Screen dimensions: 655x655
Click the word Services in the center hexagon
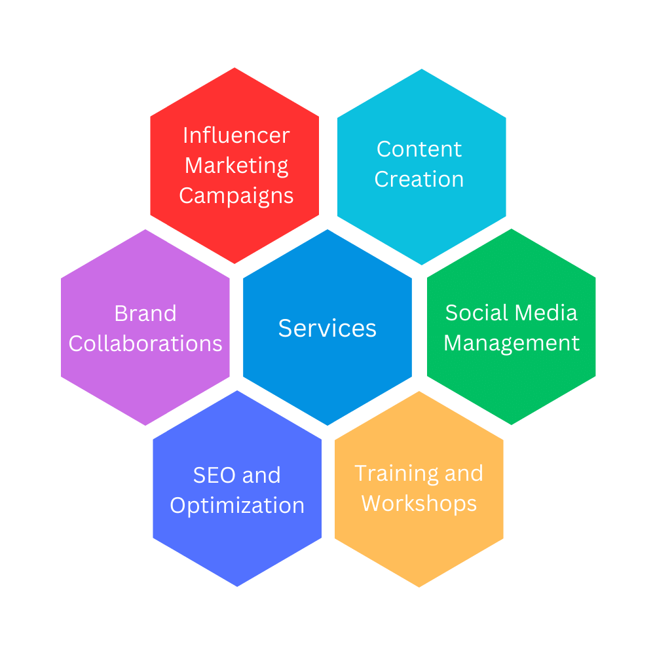(327, 327)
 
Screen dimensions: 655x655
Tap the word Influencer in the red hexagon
(236, 135)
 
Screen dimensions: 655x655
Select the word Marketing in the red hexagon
(236, 166)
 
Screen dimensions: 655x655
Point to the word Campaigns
(236, 195)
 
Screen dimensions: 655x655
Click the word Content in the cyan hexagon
(419, 149)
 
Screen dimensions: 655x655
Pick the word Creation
(419, 179)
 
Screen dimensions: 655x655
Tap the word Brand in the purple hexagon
(145, 313)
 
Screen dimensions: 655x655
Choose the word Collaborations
(145, 343)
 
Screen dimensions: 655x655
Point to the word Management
(512, 343)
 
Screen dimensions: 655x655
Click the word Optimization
(237, 505)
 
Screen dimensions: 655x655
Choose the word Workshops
(419, 503)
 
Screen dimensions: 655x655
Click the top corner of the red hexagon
(234, 68)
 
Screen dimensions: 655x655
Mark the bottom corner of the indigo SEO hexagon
(237, 586)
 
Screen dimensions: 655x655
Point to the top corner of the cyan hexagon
(422, 69)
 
